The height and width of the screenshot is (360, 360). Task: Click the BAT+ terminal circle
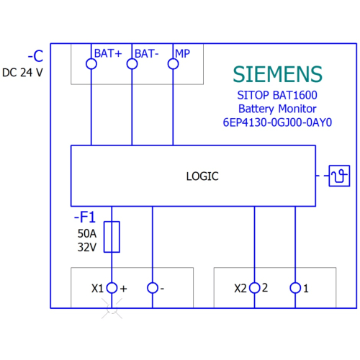pos(91,64)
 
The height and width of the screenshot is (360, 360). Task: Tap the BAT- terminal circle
pos(132,64)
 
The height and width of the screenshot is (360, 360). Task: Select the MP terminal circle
pos(173,64)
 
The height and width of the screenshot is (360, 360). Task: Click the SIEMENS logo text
pos(277,74)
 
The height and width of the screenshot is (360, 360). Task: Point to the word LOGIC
pos(202,176)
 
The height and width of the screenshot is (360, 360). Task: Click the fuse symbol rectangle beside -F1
pos(112,237)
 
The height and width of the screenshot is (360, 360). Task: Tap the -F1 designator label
pos(85,217)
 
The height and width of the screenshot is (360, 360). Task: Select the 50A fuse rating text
pos(87,233)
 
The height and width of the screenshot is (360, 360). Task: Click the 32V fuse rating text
pos(87,247)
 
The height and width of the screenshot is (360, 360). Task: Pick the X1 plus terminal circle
pos(112,288)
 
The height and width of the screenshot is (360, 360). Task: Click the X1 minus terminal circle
pos(153,288)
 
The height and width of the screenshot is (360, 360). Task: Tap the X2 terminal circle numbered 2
pos(255,288)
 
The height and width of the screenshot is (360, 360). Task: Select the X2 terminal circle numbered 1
pos(295,288)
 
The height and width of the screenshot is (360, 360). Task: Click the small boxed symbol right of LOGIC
pos(339,176)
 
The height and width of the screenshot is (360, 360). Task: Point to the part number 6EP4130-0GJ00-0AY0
pos(277,122)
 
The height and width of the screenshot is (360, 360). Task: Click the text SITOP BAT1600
pos(277,95)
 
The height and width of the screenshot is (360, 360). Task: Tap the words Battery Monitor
pos(277,109)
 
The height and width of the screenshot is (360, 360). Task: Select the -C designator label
pos(35,56)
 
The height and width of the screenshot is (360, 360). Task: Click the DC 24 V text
pos(22,73)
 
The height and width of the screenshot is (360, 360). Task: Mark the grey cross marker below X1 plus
pos(112,308)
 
